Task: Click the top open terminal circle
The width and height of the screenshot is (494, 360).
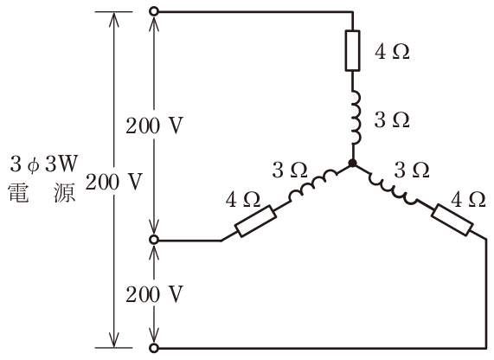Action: pyautogui.click(x=154, y=12)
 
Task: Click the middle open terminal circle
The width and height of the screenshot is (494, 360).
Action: pyautogui.click(x=154, y=241)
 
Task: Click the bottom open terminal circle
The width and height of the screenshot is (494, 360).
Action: pyautogui.click(x=154, y=348)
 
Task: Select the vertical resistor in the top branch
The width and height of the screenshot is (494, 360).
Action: pyautogui.click(x=352, y=51)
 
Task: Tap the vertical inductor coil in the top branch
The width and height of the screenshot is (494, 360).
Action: pyautogui.click(x=356, y=118)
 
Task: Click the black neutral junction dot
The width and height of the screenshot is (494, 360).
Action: pyautogui.click(x=352, y=164)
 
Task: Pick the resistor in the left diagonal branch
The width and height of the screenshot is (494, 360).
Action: pyautogui.click(x=256, y=221)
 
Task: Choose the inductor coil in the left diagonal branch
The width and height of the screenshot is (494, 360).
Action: pyautogui.click(x=312, y=186)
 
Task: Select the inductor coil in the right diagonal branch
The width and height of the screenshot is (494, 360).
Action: pyautogui.click(x=392, y=188)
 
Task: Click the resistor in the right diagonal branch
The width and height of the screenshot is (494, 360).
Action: pyautogui.click(x=452, y=220)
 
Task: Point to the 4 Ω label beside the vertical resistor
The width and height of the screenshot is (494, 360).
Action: pyautogui.click(x=392, y=52)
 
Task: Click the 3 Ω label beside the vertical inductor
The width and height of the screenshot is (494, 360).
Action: pyautogui.click(x=392, y=120)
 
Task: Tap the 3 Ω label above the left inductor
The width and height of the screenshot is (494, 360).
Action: pyautogui.click(x=290, y=170)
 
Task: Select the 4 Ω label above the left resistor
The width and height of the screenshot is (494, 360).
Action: pyautogui.click(x=243, y=200)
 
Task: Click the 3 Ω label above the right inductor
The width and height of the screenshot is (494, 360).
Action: pyautogui.click(x=412, y=170)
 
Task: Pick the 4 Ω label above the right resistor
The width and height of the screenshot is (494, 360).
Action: pyautogui.click(x=468, y=200)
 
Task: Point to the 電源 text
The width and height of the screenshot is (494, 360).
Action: pyautogui.click(x=42, y=192)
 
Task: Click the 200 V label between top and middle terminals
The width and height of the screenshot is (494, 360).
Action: pyautogui.click(x=154, y=126)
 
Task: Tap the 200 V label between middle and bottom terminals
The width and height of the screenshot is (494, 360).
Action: pyautogui.click(x=154, y=295)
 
